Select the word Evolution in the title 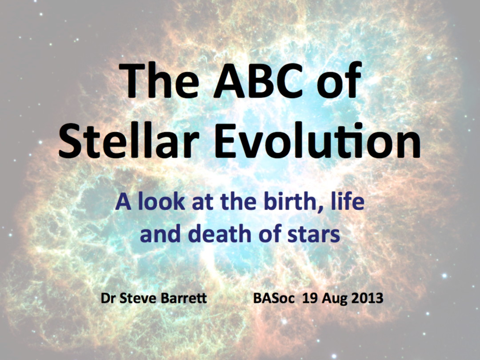318,140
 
